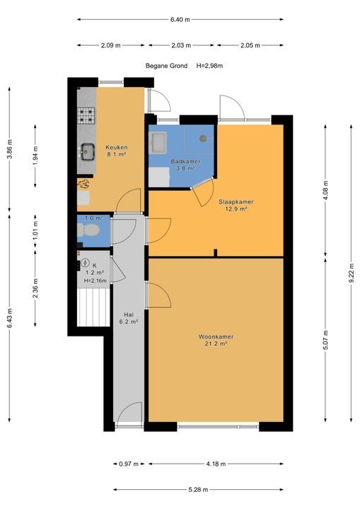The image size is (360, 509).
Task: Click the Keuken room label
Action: [x=116, y=147]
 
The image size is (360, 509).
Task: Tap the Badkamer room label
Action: [x=185, y=161]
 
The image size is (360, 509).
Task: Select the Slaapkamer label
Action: [x=236, y=201]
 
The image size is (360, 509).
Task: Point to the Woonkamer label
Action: [x=216, y=337]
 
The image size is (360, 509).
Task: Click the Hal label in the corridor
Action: [x=129, y=315]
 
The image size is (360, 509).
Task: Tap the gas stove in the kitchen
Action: [x=86, y=115]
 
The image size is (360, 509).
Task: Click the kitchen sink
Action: [x=87, y=151]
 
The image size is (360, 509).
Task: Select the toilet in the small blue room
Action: [x=88, y=230]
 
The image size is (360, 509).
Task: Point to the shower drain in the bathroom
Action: [x=203, y=139]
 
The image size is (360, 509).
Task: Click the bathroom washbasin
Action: [x=158, y=142]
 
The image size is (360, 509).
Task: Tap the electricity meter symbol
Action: [x=85, y=262]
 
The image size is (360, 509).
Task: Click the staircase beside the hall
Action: [x=93, y=308]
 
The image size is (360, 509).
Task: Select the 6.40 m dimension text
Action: [x=180, y=20]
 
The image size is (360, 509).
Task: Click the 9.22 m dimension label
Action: [x=352, y=274]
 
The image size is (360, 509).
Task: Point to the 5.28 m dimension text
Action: [x=198, y=489]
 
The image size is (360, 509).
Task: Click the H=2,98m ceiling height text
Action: [x=209, y=66]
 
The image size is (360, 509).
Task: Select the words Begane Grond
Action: [x=166, y=66]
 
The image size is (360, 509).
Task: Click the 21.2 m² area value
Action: [x=216, y=344]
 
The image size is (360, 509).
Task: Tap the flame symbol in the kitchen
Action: [x=84, y=184]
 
